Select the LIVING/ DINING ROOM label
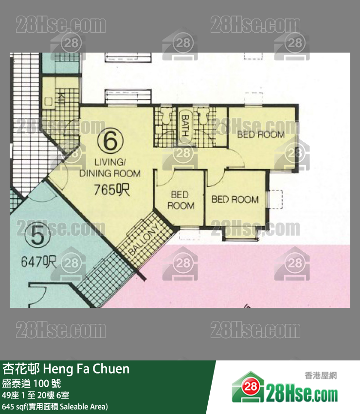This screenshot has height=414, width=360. point(110,168)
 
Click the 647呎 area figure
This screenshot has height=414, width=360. point(39,262)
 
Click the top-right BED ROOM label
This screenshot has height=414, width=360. point(261,135)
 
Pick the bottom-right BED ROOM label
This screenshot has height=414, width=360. point(235,199)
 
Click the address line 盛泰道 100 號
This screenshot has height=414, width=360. point(32,384)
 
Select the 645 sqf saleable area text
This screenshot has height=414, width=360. point(55,406)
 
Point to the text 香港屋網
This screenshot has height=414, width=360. point(321,376)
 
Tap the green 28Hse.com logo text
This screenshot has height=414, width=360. point(302,393)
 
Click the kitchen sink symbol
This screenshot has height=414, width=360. point(48,101)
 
